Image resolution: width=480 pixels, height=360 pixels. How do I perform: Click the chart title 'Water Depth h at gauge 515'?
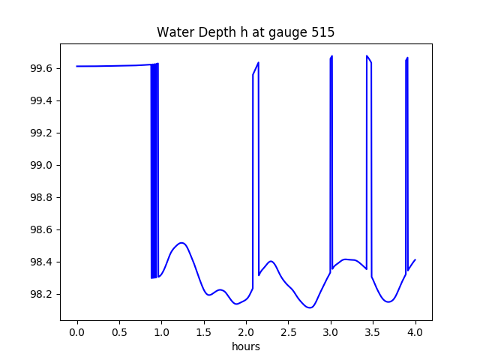[245, 33]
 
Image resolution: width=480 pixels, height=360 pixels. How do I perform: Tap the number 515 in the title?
[322, 33]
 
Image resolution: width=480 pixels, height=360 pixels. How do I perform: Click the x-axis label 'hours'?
[246, 346]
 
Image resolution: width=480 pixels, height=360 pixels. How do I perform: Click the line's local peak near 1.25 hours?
[182, 243]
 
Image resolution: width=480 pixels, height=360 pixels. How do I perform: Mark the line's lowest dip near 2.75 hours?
[310, 307]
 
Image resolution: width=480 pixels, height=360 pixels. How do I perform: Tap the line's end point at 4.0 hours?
[415, 259]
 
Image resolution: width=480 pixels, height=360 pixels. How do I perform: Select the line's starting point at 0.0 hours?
[77, 66]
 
